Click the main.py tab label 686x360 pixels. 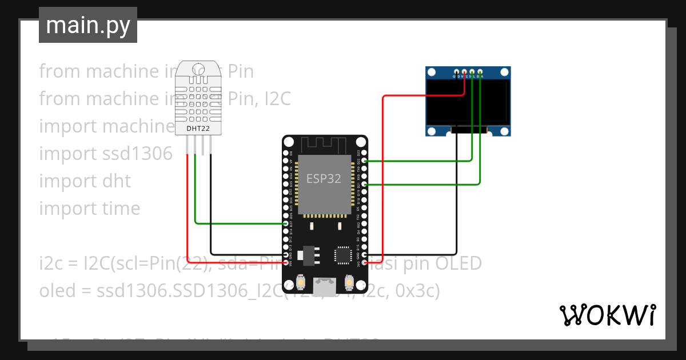[87, 25]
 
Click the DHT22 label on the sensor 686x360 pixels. [198, 129]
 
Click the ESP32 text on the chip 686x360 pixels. [324, 178]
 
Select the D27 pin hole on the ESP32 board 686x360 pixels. [286, 224]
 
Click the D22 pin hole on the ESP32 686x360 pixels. [365, 161]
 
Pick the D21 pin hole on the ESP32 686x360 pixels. [365, 185]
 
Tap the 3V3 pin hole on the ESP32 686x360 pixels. [365, 263]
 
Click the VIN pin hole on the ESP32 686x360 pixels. [286, 263]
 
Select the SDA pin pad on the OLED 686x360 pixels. [480, 71]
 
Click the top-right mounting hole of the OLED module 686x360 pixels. [504, 73]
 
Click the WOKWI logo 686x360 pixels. [607, 315]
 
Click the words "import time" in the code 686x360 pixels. [89, 209]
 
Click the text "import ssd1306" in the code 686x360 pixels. [105, 154]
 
